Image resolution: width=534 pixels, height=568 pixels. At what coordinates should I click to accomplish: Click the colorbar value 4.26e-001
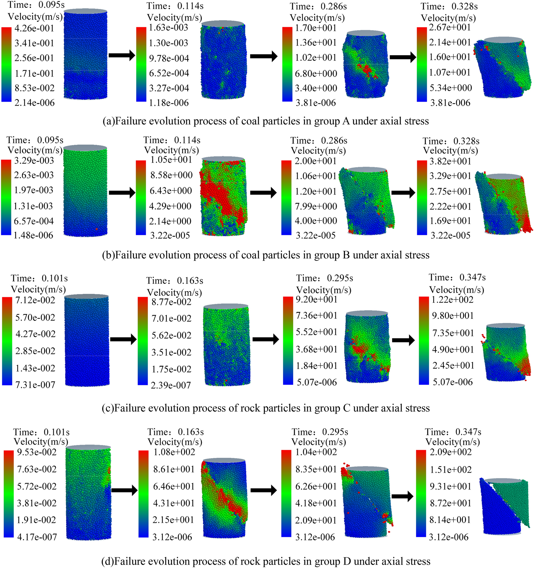click(x=34, y=28)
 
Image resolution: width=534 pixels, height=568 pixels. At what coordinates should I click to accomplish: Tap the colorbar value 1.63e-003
click(x=168, y=27)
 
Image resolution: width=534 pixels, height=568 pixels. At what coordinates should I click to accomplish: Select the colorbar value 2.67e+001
click(x=450, y=27)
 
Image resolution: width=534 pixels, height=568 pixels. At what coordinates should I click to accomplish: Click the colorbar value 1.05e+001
click(x=171, y=160)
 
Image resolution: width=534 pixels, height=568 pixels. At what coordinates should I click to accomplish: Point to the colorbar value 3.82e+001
click(x=450, y=161)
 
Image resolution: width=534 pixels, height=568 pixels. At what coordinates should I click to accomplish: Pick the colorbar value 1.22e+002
click(x=453, y=300)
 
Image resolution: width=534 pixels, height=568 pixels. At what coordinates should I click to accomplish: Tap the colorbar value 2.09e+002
click(x=450, y=452)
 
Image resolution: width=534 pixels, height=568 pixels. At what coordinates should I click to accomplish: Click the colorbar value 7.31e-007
click(x=35, y=385)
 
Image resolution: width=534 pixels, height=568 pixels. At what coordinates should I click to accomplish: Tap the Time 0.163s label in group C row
click(x=175, y=281)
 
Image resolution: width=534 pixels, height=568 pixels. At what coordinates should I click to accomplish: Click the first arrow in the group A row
click(x=122, y=55)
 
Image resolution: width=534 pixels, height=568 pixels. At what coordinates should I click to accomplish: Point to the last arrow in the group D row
click(x=402, y=496)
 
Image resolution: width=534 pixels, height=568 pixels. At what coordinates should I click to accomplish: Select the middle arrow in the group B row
click(x=263, y=192)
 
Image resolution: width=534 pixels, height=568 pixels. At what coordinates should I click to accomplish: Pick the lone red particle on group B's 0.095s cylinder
click(x=97, y=229)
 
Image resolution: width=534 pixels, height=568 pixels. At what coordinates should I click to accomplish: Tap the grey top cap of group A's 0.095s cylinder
click(x=86, y=11)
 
